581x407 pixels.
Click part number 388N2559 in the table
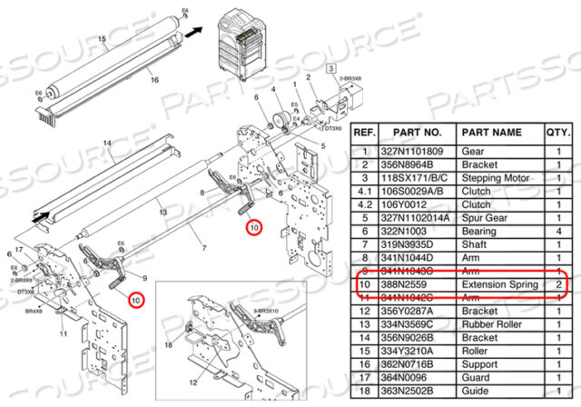click(x=411, y=285)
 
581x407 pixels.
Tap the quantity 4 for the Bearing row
click(x=557, y=232)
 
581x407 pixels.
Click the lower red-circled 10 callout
click(x=135, y=299)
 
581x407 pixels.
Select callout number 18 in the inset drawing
click(x=169, y=346)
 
